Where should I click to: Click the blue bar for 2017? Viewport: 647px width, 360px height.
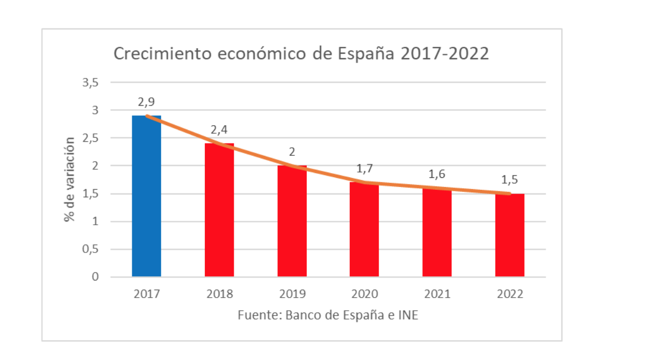click(146, 196)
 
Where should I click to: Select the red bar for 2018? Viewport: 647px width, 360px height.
click(219, 210)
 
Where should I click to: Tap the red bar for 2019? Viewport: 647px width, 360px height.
click(292, 221)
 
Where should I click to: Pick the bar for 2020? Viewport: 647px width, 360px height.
click(364, 229)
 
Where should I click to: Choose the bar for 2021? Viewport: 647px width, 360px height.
click(437, 232)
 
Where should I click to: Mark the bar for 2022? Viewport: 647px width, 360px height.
click(509, 235)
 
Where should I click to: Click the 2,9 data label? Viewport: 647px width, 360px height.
click(146, 102)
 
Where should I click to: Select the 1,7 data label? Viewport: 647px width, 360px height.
click(365, 169)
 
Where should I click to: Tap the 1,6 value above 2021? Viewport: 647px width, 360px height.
click(437, 174)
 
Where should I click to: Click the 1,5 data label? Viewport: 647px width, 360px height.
click(509, 179)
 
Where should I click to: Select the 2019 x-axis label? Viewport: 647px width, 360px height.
click(292, 294)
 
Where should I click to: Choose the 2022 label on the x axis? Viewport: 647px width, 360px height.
click(509, 294)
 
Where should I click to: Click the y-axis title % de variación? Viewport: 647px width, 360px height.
click(69, 179)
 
